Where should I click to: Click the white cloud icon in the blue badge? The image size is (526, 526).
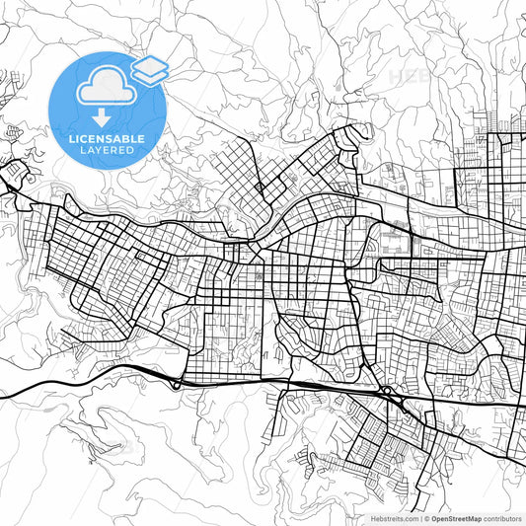click(x=105, y=87)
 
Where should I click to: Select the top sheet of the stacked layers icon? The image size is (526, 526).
click(x=150, y=65)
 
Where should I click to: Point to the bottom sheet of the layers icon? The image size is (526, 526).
click(x=150, y=75)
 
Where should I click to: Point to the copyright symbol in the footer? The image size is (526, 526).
click(x=426, y=517)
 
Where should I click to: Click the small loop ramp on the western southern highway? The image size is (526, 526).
click(x=177, y=385)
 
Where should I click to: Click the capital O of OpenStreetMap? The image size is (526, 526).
click(x=433, y=517)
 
